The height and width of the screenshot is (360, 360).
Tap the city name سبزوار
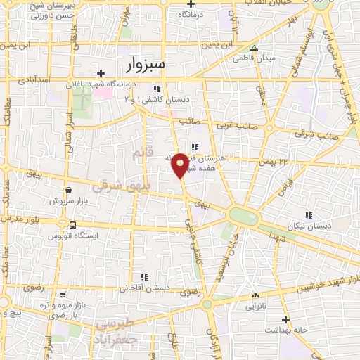(x=146, y=65)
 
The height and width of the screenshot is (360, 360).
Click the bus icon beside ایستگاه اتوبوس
(x=72, y=225)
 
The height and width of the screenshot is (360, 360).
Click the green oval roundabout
(x=243, y=216)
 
